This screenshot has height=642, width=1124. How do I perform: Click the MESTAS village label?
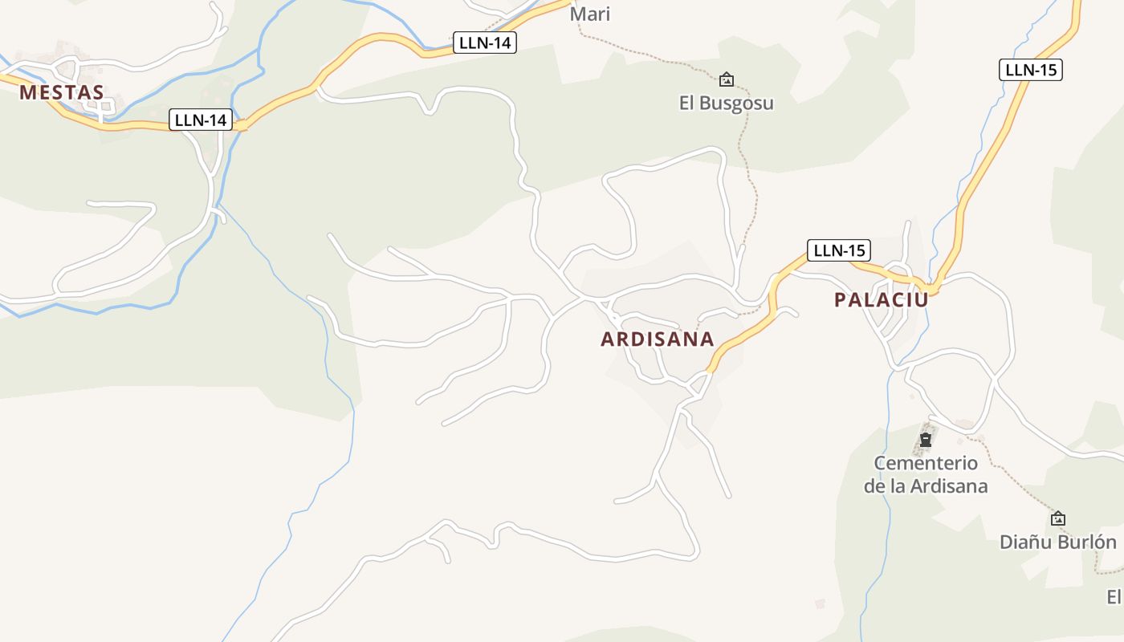tap(62, 92)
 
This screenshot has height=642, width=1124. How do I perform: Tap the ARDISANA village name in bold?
tap(658, 339)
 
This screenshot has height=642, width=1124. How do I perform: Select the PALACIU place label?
tap(881, 300)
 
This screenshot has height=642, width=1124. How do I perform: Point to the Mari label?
tap(590, 14)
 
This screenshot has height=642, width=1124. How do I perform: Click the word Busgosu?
tap(737, 104)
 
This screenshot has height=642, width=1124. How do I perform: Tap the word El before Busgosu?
tap(688, 104)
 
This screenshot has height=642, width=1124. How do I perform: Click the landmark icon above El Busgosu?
tap(727, 79)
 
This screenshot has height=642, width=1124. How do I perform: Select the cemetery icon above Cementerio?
tap(926, 440)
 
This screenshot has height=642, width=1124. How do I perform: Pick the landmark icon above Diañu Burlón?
tap(1058, 518)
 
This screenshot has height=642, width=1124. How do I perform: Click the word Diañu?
tap(1025, 542)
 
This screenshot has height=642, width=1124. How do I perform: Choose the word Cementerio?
tap(926, 463)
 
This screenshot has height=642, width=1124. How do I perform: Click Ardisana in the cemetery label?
tap(947, 486)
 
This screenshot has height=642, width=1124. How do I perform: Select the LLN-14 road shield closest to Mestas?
tap(201, 120)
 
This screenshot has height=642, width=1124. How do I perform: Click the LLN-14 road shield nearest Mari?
tap(484, 43)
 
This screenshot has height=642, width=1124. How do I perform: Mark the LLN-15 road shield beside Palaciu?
tap(838, 250)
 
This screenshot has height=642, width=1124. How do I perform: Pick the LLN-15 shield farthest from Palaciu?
tap(1030, 70)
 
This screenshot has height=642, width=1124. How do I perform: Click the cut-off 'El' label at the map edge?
tap(1114, 597)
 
